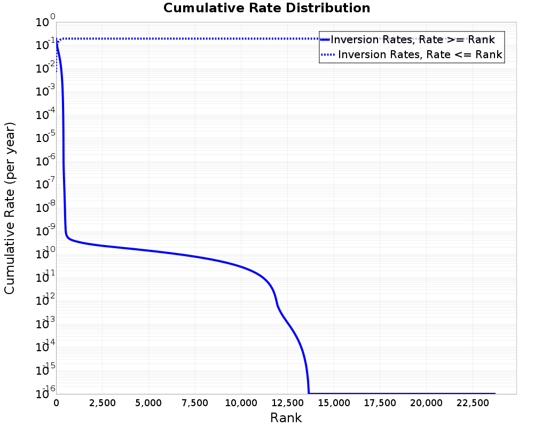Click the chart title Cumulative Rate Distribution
tap(266, 9)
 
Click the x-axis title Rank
tap(286, 418)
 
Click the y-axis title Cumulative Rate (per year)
tap(10, 208)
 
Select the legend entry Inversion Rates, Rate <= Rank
tap(420, 54)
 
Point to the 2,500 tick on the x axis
tap(103, 403)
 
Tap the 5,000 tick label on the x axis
tap(149, 403)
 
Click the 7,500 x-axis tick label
tap(195, 403)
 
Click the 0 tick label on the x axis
tap(57, 403)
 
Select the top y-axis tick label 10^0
tap(45, 22)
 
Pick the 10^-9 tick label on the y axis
tap(45, 231)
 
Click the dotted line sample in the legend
tap(328, 54)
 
